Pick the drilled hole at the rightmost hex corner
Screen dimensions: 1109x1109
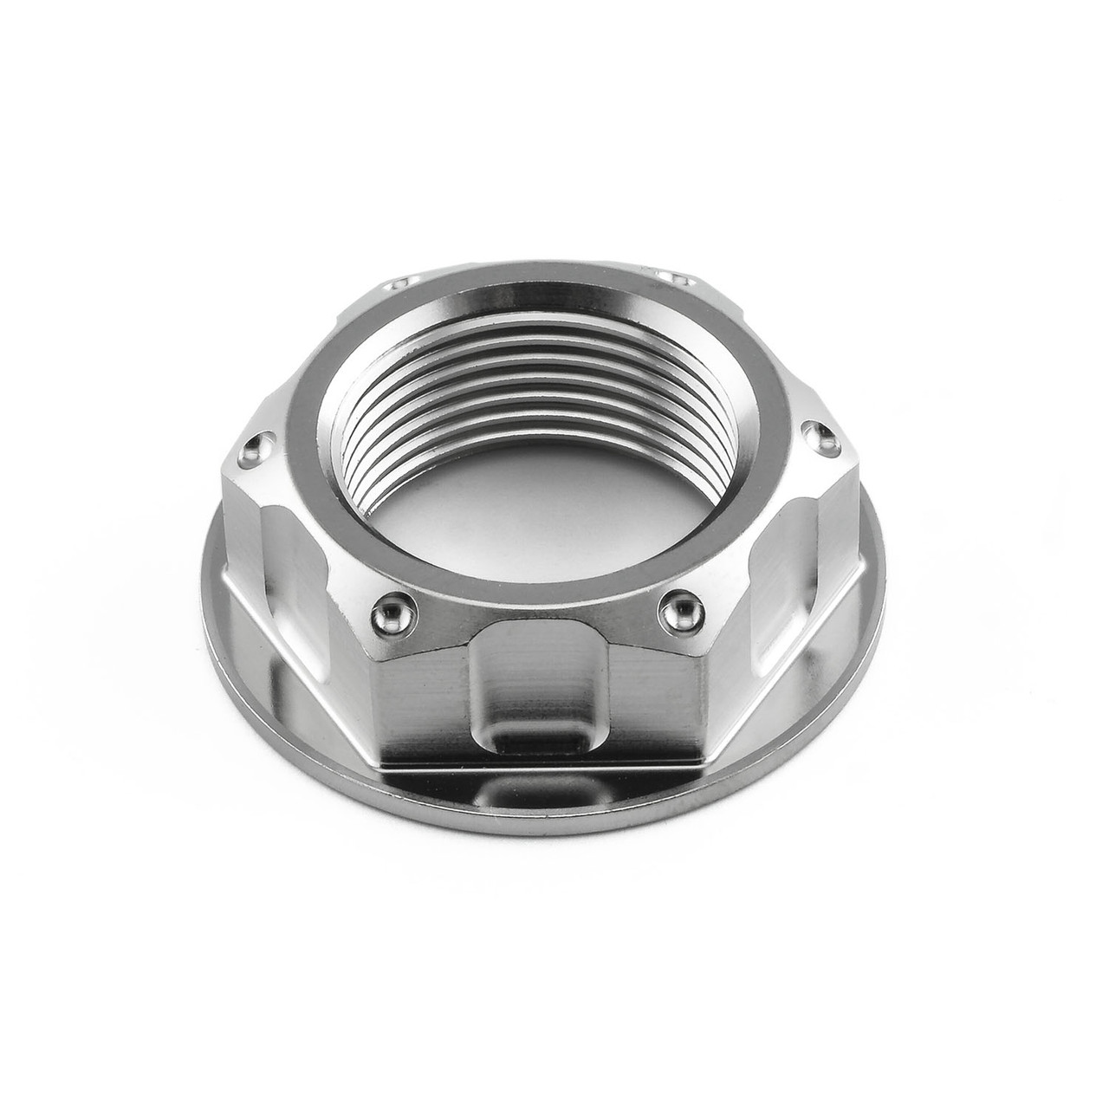coord(815,431)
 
